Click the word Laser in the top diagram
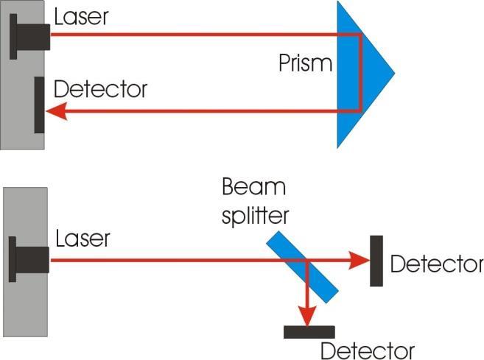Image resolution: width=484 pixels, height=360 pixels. (x=82, y=16)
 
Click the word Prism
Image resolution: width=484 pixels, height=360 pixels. (x=305, y=63)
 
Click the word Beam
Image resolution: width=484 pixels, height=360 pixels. (x=253, y=188)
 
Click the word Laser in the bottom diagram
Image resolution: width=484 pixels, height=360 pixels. (x=82, y=238)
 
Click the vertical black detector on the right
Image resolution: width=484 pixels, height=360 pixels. (x=376, y=261)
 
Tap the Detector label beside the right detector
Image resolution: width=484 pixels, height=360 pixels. (x=436, y=264)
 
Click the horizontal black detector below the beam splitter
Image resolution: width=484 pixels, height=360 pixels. (x=309, y=332)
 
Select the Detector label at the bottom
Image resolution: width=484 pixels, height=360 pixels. (x=367, y=350)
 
